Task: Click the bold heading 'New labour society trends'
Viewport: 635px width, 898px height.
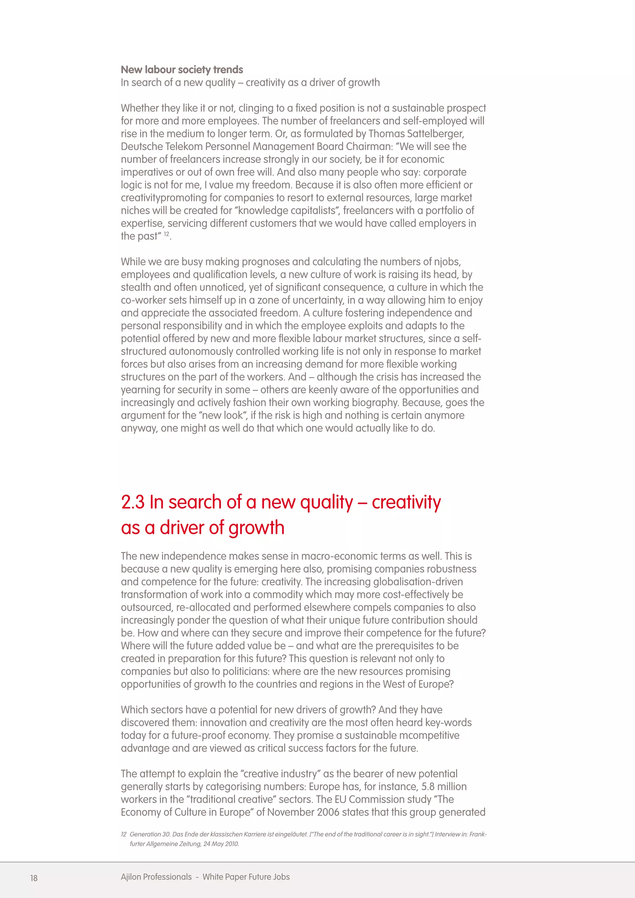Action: pyautogui.click(x=182, y=70)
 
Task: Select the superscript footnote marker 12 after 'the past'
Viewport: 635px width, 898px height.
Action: pyautogui.click(x=167, y=234)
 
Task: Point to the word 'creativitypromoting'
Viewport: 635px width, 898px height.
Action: pyautogui.click(x=164, y=198)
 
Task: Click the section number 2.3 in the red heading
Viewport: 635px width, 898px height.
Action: pyautogui.click(x=133, y=502)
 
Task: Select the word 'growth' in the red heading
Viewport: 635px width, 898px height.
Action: pyautogui.click(x=256, y=528)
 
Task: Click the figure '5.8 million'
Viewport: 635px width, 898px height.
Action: pyautogui.click(x=444, y=787)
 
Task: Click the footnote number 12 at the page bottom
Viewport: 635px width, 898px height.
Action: pyautogui.click(x=124, y=834)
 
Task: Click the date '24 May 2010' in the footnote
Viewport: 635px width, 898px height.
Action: pyautogui.click(x=221, y=844)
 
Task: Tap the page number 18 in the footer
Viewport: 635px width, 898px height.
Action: pyautogui.click(x=34, y=878)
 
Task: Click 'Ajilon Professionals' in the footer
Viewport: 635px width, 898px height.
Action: pyautogui.click(x=156, y=877)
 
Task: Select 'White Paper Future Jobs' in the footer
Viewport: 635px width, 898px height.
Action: pyautogui.click(x=246, y=877)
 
